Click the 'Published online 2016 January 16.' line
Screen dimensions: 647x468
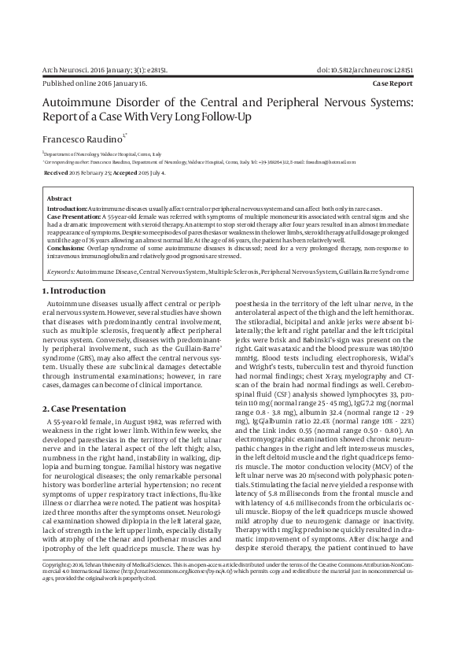pos(94,82)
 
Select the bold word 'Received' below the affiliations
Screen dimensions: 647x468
pos(56,171)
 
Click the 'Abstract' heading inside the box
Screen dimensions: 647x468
pos(60,199)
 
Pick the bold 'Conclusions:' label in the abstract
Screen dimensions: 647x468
pos(65,248)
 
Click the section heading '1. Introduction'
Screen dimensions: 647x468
pos(73,291)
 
